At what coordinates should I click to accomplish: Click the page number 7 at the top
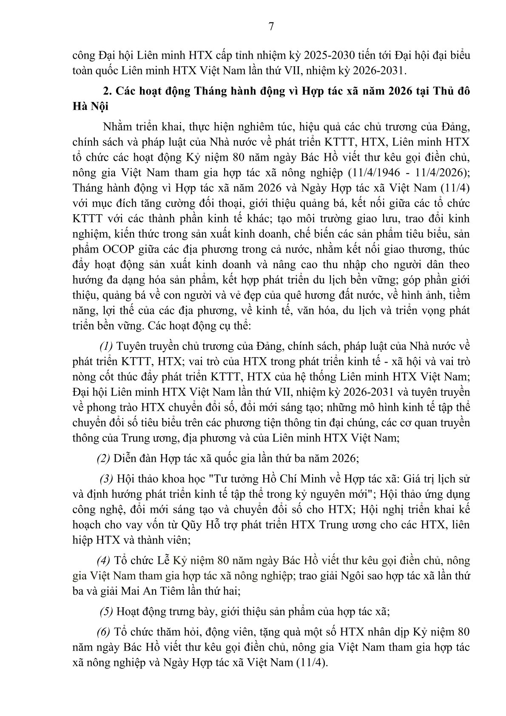click(272, 26)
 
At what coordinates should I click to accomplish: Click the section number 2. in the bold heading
click(108, 91)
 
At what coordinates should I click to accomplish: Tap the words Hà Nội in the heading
click(91, 106)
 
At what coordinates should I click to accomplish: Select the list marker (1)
click(106, 346)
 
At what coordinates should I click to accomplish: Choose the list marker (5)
click(106, 611)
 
